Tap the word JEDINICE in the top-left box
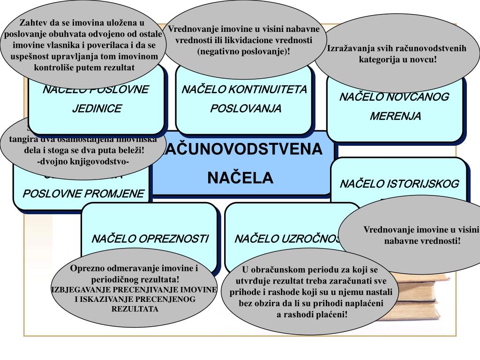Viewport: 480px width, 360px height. [97, 109]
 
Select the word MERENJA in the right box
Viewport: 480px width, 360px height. [395, 116]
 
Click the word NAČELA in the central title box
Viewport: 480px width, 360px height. [240, 178]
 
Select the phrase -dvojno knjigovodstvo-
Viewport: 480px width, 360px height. [82, 162]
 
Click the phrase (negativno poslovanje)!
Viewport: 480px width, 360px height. [244, 51]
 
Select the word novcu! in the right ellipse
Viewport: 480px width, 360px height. [423, 60]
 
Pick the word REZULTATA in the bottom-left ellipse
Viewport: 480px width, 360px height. [135, 309]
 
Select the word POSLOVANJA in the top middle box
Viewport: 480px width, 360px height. [246, 109]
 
